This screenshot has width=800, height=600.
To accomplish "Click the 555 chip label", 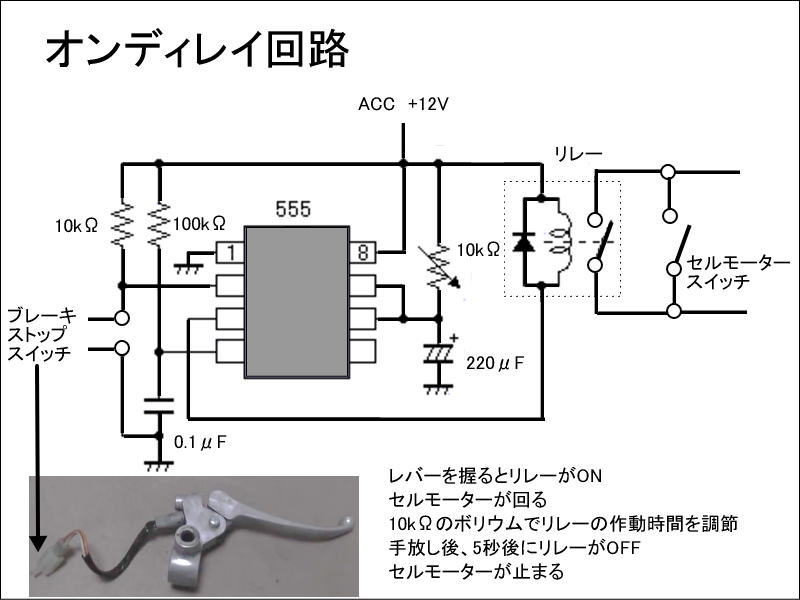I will (292, 209).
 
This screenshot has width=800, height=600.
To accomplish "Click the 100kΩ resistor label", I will (199, 225).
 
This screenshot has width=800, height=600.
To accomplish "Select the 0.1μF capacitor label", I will (200, 441).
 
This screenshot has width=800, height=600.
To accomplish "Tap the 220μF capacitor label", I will (495, 363).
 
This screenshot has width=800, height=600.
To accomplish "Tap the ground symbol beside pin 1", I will (185, 266).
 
